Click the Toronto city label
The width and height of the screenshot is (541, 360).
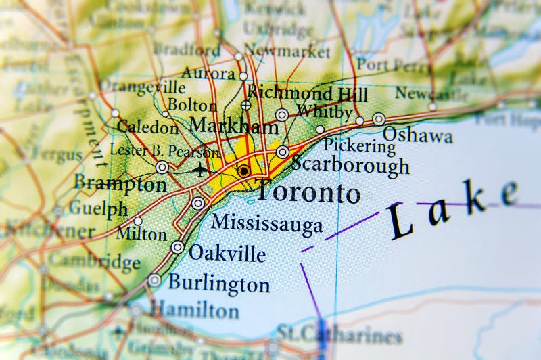(308, 193)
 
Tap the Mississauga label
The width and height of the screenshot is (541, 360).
(267, 224)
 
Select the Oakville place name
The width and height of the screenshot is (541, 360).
(227, 252)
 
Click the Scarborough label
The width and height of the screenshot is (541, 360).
(350, 165)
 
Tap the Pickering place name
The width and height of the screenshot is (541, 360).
(359, 144)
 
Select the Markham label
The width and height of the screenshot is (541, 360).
(233, 126)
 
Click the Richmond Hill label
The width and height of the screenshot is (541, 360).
(298, 93)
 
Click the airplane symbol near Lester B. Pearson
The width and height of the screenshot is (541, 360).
(201, 169)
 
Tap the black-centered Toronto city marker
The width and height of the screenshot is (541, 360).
(243, 171)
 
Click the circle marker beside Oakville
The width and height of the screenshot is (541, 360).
(177, 248)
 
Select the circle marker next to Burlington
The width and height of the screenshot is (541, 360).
(155, 280)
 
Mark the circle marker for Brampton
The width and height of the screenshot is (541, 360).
(162, 167)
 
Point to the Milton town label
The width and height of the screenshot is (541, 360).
(141, 234)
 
